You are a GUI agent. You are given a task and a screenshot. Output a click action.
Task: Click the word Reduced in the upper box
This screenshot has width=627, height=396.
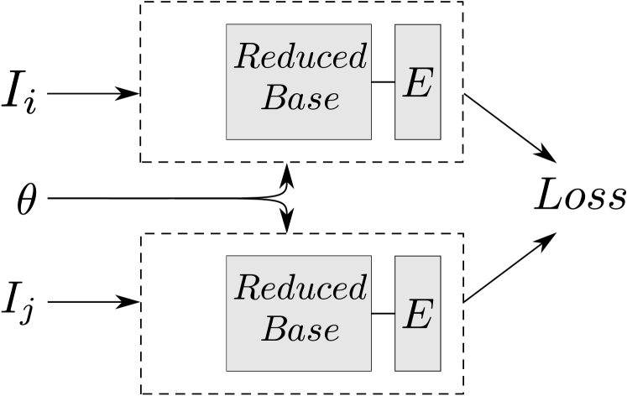[300, 57]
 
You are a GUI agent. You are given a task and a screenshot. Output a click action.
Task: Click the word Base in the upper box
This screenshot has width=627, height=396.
[300, 98]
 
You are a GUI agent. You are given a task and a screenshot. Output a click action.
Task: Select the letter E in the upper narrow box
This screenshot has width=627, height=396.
[417, 82]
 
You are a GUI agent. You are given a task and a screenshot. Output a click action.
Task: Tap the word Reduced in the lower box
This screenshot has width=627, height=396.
[300, 289]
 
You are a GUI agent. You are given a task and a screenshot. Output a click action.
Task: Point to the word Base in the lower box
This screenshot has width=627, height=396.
[300, 330]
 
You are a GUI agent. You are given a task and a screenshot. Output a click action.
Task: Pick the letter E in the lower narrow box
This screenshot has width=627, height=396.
[417, 315]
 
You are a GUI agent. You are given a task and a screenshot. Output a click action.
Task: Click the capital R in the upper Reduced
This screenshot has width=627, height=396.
[246, 57]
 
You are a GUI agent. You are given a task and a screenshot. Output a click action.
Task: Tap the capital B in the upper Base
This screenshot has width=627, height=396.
[274, 98]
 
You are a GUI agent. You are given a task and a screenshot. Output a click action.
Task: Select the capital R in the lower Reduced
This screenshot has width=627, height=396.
[246, 289]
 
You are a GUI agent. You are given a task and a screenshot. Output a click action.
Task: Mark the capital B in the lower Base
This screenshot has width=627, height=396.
[274, 330]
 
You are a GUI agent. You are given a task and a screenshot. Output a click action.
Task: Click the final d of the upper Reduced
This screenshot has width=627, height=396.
[358, 57]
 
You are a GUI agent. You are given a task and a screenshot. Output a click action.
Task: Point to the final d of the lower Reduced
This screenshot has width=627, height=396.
[358, 289]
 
